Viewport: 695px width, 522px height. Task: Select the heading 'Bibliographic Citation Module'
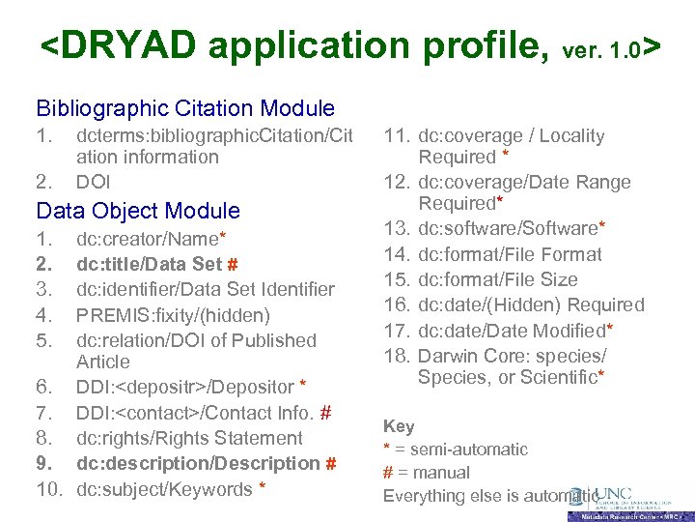tap(185, 108)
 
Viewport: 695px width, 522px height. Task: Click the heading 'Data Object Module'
tap(138, 210)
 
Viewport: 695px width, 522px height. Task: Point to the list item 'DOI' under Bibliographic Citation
tap(94, 181)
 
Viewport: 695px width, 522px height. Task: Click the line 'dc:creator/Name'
tap(152, 238)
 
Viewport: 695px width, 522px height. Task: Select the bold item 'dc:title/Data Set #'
tap(157, 263)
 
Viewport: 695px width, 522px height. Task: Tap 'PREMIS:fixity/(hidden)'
tap(173, 314)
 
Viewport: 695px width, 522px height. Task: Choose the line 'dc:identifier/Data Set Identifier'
tap(206, 289)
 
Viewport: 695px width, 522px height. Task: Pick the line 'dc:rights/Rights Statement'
tap(189, 438)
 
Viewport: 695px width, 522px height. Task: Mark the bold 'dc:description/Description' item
tap(206, 463)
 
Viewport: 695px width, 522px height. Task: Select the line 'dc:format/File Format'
tap(510, 254)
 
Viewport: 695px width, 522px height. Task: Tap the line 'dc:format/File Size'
tap(497, 279)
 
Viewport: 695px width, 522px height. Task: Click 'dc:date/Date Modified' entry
tap(516, 330)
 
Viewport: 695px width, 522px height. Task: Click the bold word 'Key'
tap(399, 425)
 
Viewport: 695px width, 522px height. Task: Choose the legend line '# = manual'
tap(427, 473)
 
